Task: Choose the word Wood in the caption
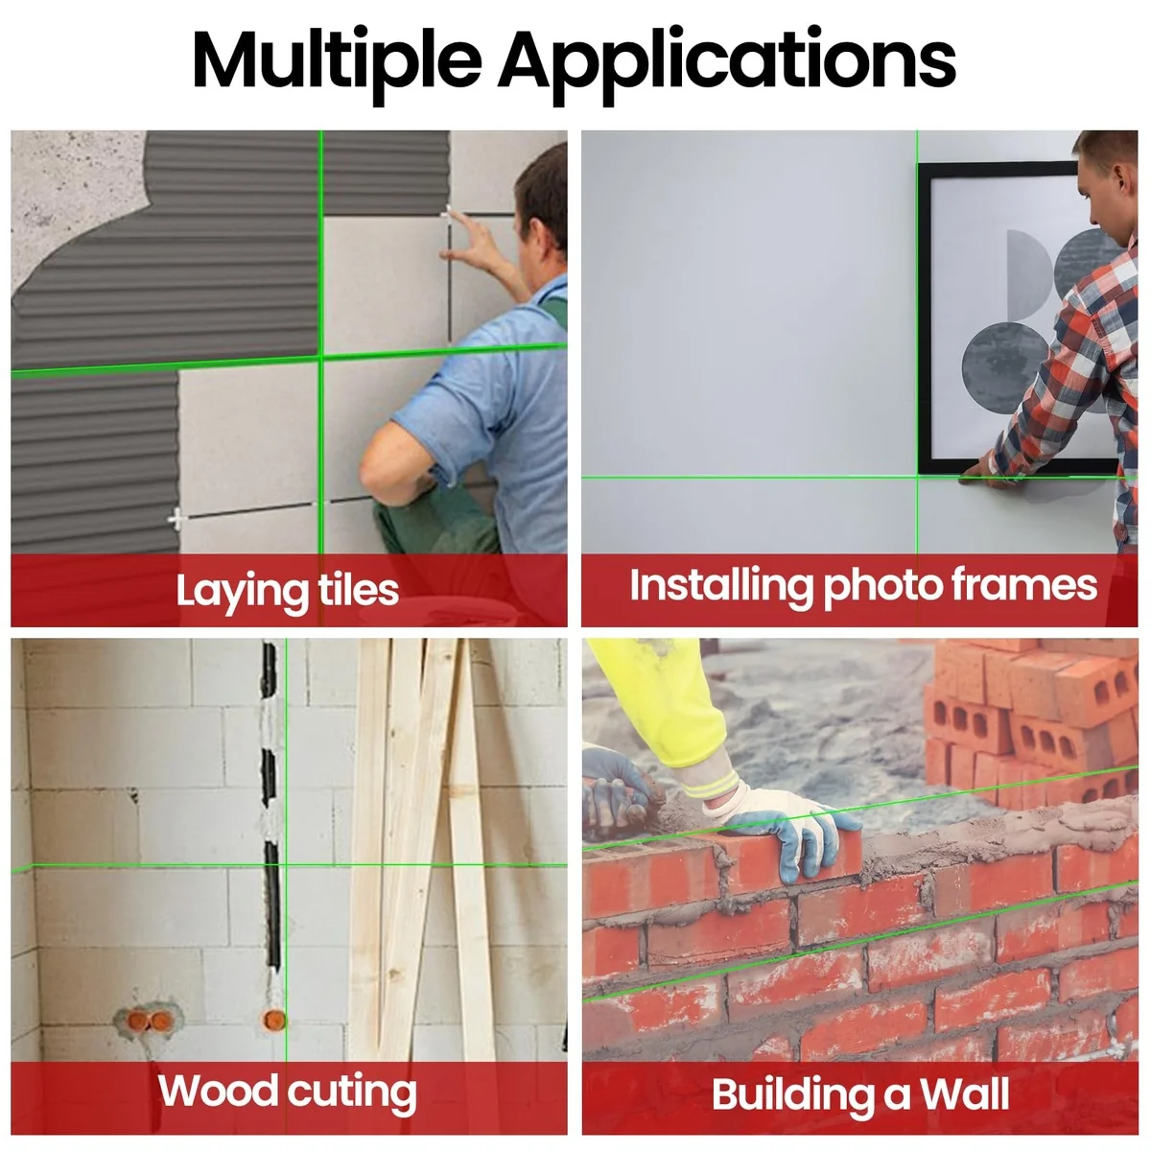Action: click(218, 1091)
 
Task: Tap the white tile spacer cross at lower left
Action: click(177, 520)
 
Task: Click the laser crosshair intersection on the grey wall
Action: click(917, 477)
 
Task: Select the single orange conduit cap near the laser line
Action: click(274, 1019)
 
